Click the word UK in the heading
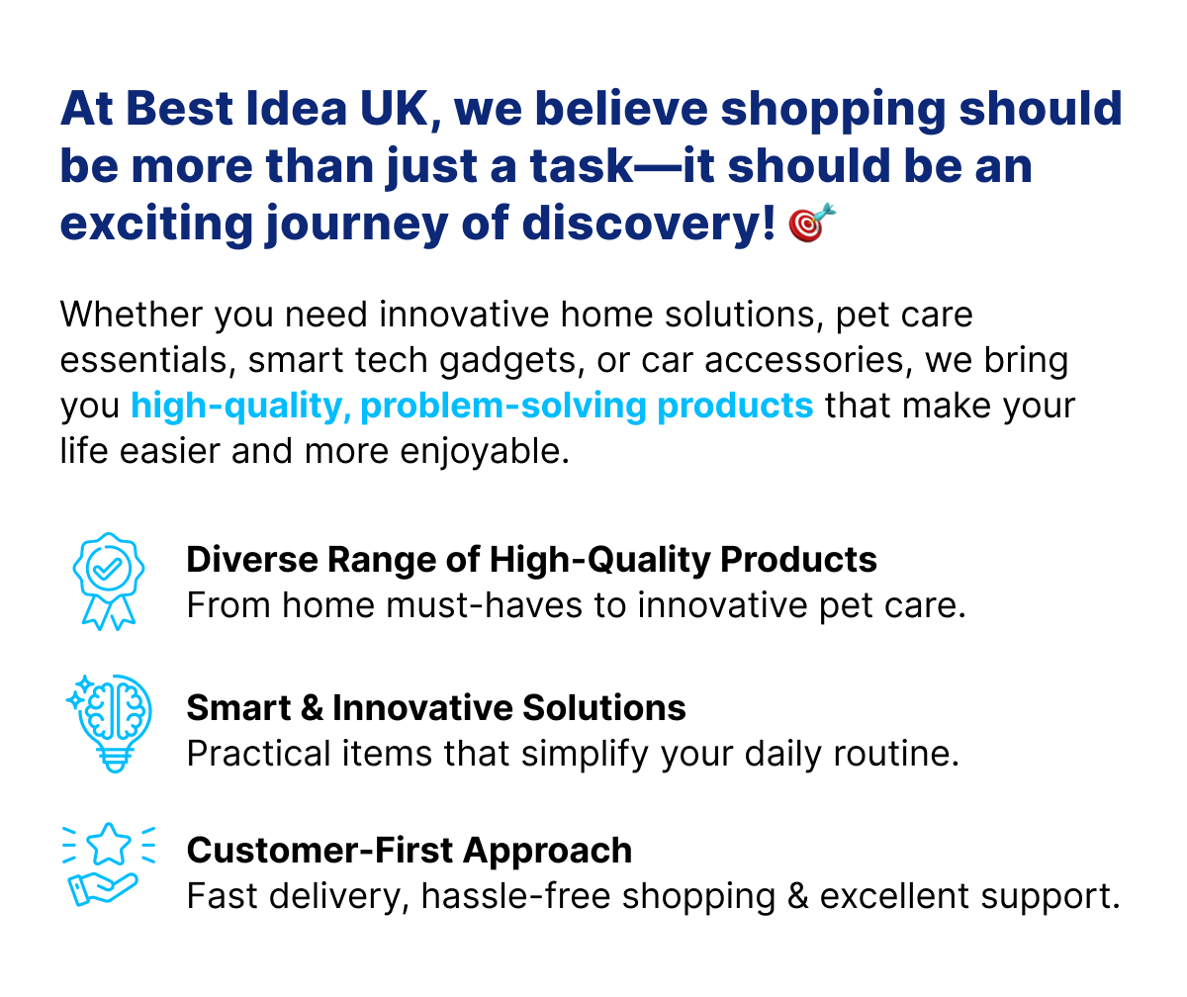(394, 108)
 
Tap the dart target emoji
(812, 223)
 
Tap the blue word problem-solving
(502, 407)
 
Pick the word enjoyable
(485, 452)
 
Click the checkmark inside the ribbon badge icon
(107, 568)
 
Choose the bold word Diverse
(252, 559)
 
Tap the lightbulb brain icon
(110, 722)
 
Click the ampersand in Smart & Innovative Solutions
(312, 707)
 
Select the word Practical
(258, 754)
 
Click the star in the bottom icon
(109, 845)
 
